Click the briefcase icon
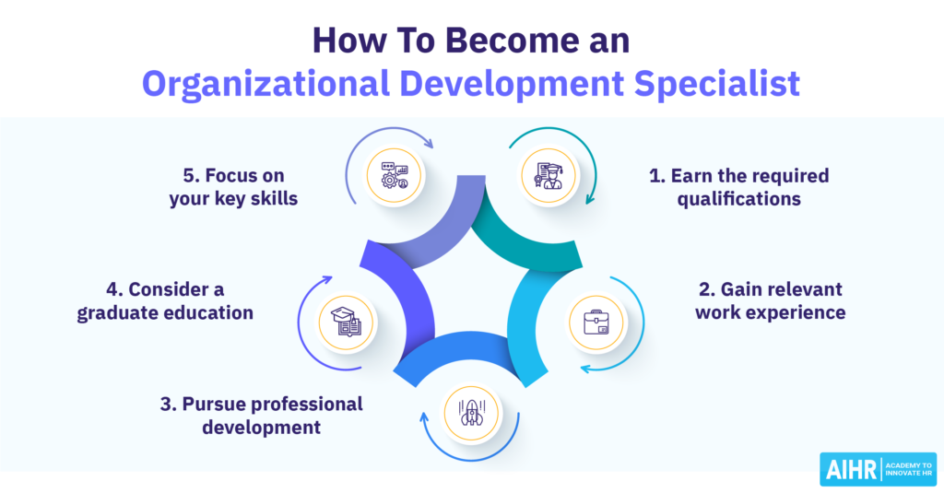point(596,322)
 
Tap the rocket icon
point(471,413)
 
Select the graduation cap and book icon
point(347,322)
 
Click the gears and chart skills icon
point(395,175)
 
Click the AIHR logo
point(879,469)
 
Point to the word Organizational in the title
point(265,83)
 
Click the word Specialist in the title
point(717,83)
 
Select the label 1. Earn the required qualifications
point(738,187)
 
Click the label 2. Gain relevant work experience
point(770,301)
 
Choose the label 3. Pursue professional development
point(261,416)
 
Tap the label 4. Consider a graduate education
point(165,301)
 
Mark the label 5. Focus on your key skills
point(233,187)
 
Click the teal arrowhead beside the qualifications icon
point(590,199)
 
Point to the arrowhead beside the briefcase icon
point(585,368)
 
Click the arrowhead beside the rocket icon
point(424,417)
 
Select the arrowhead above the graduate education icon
point(326,279)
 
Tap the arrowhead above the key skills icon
point(428,143)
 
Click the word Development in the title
point(512,83)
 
